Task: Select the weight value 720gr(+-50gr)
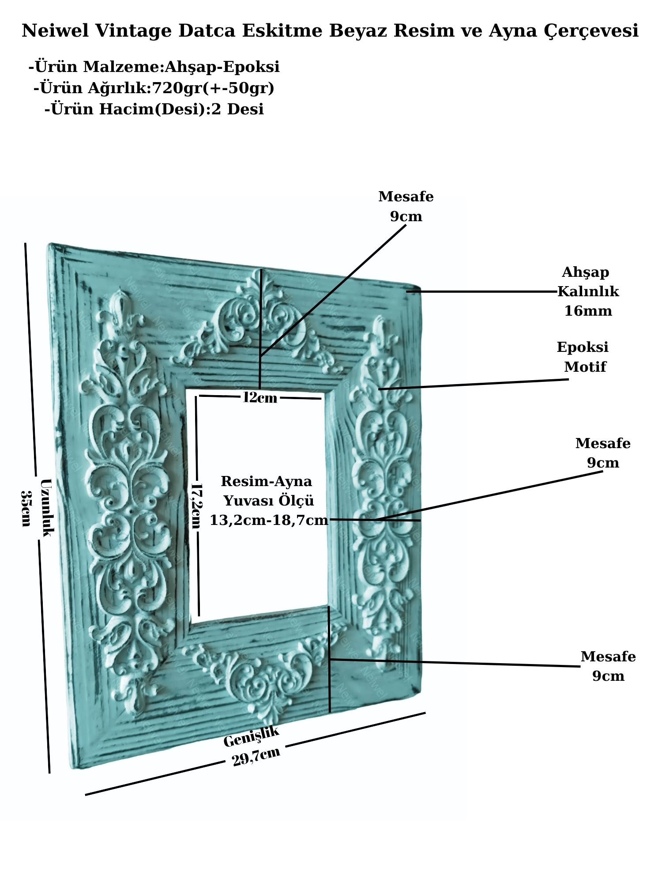click(213, 88)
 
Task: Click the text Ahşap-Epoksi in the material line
click(222, 67)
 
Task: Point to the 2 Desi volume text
click(238, 109)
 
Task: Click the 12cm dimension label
click(260, 398)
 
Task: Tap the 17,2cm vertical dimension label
click(195, 506)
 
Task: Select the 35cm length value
click(26, 508)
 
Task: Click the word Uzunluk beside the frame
click(46, 508)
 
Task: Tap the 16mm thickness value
click(588, 311)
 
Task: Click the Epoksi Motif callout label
click(583, 357)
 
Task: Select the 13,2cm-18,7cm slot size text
click(269, 520)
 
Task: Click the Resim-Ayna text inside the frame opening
click(266, 481)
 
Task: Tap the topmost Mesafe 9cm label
click(406, 206)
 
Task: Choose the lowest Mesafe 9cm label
click(608, 666)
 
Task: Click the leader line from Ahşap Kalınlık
click(481, 291)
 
